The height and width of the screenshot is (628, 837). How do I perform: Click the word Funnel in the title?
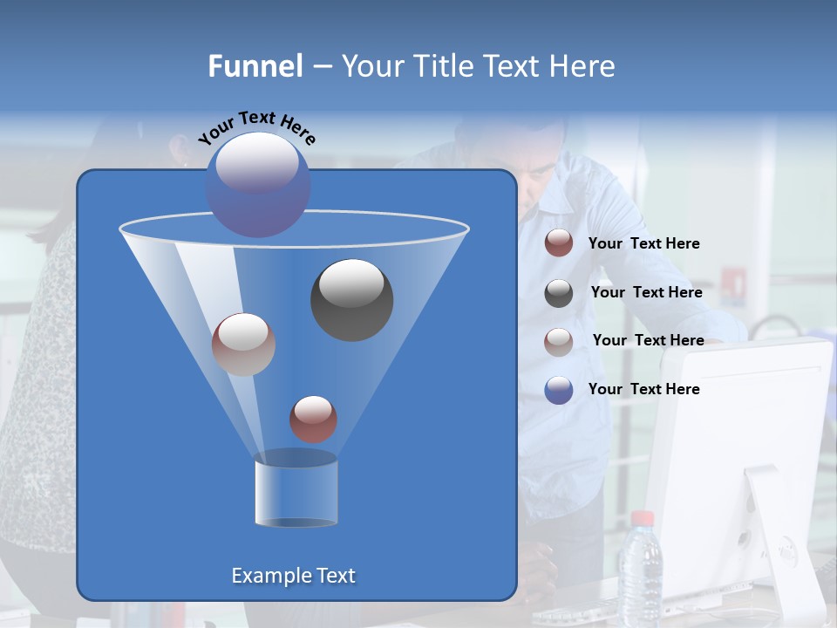tap(255, 66)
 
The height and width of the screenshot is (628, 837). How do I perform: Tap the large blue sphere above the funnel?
tap(257, 184)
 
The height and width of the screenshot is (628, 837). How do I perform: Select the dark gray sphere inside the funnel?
tap(351, 299)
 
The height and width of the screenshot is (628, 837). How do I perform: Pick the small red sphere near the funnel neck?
tap(313, 419)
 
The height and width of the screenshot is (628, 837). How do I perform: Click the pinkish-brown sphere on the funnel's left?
tap(243, 345)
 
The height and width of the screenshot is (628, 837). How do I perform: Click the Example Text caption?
tap(293, 576)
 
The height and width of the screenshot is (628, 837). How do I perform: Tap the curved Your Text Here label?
tap(257, 127)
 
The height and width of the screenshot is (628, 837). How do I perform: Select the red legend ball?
tap(559, 243)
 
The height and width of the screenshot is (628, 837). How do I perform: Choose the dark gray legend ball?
tap(559, 293)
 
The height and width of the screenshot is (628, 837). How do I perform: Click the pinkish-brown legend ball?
tap(559, 341)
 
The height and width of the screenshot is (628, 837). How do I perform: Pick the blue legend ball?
tap(559, 390)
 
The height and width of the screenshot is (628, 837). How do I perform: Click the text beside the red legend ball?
tap(643, 244)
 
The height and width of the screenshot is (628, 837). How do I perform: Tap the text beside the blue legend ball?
tap(643, 389)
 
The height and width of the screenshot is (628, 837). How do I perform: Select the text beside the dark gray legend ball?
tap(646, 293)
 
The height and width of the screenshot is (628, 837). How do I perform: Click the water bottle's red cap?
tap(642, 518)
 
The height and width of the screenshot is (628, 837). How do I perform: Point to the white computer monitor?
tap(741, 454)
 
